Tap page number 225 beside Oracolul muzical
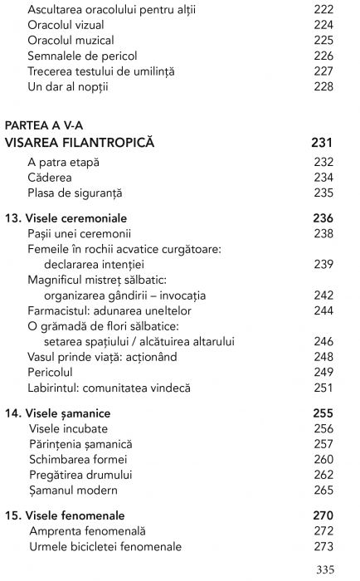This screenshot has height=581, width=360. pos(324,40)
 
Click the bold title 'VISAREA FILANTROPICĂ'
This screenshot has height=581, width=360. pos(80,143)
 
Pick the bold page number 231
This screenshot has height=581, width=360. pos(322,143)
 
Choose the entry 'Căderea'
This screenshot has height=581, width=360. pos(50,178)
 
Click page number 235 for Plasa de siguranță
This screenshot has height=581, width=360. pos(324,193)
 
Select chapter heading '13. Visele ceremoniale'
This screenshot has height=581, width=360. pos(65,218)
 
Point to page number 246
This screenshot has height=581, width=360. pos(324,341)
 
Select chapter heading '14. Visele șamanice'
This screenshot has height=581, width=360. pos(58,413)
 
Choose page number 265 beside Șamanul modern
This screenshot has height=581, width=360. pos(324,491)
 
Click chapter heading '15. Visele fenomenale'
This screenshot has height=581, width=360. pos(65,515)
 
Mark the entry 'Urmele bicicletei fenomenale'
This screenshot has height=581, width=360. pos(105,546)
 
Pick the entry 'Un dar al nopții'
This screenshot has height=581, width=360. pos(68,86)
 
